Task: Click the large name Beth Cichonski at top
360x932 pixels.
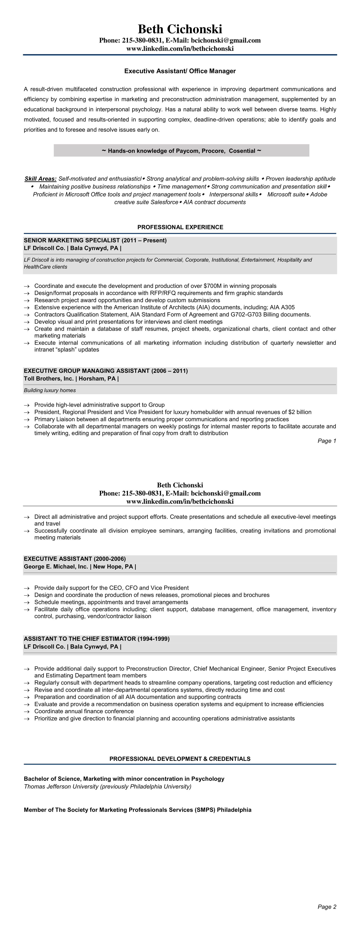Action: (180, 29)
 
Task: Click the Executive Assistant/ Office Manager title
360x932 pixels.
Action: (180, 71)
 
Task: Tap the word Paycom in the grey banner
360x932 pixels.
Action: (187, 151)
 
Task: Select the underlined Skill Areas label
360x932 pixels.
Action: (40, 179)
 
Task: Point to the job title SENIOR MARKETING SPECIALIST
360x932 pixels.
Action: (72, 240)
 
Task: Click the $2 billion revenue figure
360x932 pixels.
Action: (300, 412)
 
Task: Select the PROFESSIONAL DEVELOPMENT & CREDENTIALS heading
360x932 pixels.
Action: (180, 759)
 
